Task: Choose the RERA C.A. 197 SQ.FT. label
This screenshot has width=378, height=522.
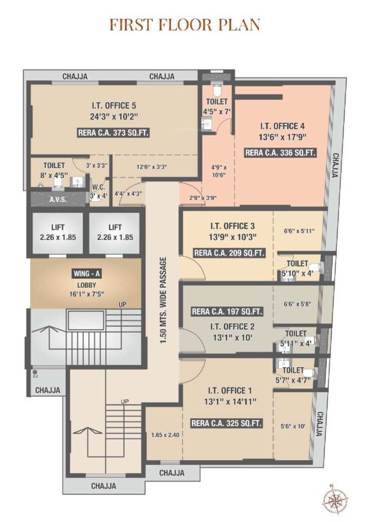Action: point(226,312)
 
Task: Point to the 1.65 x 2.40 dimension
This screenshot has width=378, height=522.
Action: point(165,434)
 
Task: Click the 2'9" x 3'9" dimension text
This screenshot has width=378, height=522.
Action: point(203,197)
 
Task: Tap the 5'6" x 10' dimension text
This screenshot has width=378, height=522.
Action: point(292,427)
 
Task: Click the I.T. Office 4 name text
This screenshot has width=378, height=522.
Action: point(281,125)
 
